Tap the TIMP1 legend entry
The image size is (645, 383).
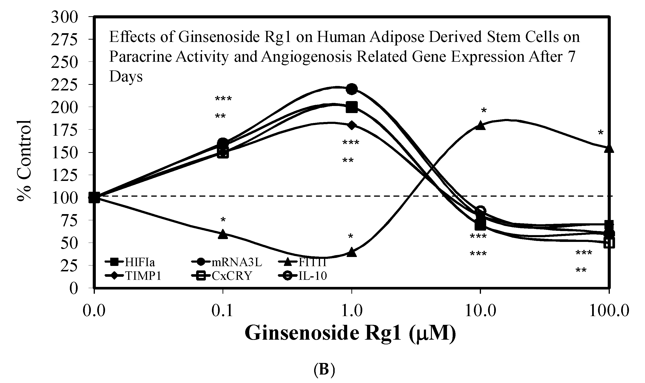coord(134,276)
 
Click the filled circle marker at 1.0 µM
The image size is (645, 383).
coord(352,89)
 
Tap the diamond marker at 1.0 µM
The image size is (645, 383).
coord(352,125)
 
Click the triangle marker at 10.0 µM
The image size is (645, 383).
coord(480,125)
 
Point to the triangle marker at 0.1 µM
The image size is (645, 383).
coord(223,234)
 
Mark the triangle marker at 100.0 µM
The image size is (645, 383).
coord(609,148)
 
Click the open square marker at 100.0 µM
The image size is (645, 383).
coord(609,243)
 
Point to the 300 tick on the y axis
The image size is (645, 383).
coord(64,18)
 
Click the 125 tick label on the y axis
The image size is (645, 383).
coord(64,176)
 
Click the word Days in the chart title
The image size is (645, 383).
coord(126,77)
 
